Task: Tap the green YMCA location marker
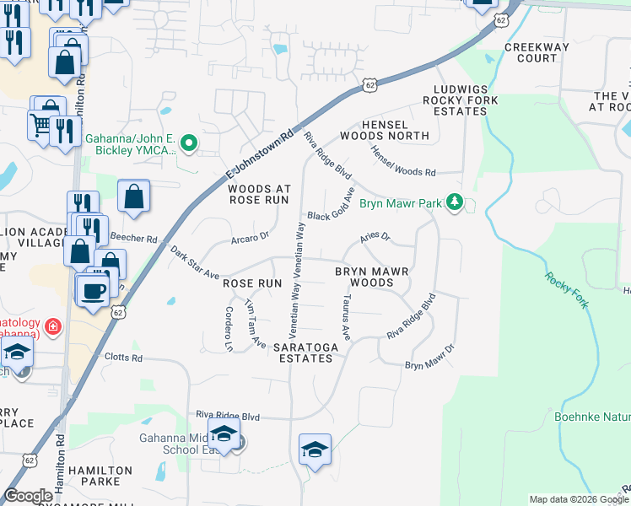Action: click(x=190, y=144)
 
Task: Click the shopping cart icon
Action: click(x=40, y=126)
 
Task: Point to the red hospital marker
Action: click(x=52, y=325)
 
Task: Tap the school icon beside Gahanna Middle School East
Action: click(x=224, y=434)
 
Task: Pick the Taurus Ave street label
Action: click(x=347, y=313)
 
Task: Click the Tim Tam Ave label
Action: click(x=255, y=325)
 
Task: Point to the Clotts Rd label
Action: click(x=125, y=357)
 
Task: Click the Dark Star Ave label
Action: click(x=195, y=263)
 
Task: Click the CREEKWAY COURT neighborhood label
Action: click(x=537, y=52)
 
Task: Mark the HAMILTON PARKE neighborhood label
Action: click(x=100, y=476)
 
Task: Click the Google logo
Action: click(x=28, y=496)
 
